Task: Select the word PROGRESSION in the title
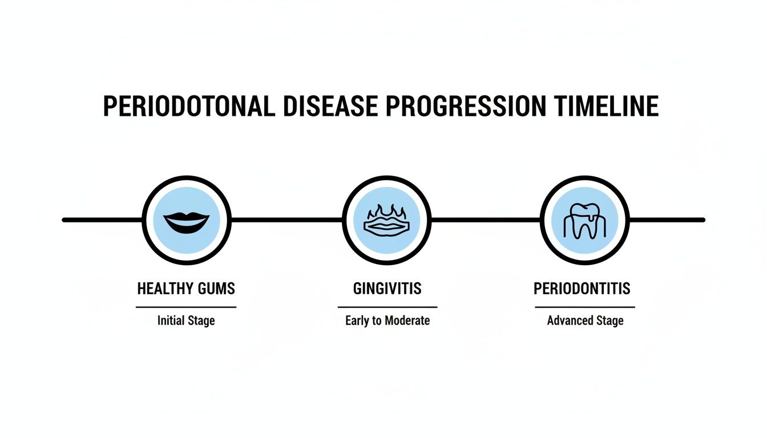[x=470, y=107]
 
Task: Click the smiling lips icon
[x=186, y=220]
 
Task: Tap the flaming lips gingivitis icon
[x=387, y=220]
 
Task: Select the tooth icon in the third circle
[x=584, y=220]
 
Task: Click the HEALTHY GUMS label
[x=186, y=289]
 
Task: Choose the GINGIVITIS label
[x=387, y=289]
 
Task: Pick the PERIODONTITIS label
[x=582, y=289]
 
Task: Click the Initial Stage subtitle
[x=186, y=321]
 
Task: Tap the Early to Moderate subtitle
[x=387, y=321]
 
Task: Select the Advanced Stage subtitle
[x=585, y=321]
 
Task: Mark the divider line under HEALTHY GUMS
[x=186, y=307]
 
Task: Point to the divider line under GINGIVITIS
[x=387, y=307]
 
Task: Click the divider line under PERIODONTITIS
[x=585, y=307]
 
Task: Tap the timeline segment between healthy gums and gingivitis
[x=286, y=220]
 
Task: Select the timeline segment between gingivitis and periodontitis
[x=486, y=220]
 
